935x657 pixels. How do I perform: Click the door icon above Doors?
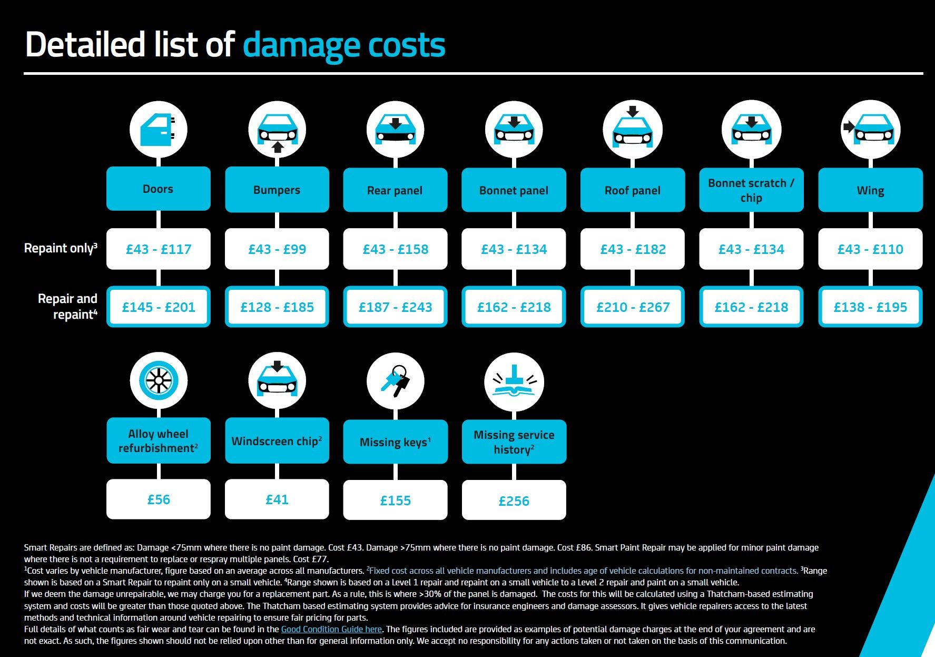coord(158,130)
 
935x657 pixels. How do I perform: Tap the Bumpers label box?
coord(277,190)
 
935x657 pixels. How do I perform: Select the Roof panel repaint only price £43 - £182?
coord(633,249)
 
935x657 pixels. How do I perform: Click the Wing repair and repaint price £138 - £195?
coord(870,307)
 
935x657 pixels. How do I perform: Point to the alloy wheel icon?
coord(158,380)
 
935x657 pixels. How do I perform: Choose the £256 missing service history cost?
coord(514,500)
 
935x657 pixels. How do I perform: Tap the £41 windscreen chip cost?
coord(277,499)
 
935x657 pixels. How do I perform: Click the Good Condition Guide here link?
coord(331,629)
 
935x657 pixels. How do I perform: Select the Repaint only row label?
coord(61,248)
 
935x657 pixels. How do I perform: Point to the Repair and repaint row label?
coord(67,306)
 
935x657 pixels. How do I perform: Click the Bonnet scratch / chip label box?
coord(751,190)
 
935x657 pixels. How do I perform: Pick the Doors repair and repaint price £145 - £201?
coord(158,307)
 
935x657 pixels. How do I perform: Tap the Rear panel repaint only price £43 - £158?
coord(395,249)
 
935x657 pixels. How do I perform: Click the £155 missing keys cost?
coord(395,500)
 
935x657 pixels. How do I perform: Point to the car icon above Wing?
coord(870,130)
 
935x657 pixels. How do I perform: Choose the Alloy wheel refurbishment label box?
coord(158,441)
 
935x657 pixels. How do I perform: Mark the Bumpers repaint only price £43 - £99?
coord(277,249)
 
